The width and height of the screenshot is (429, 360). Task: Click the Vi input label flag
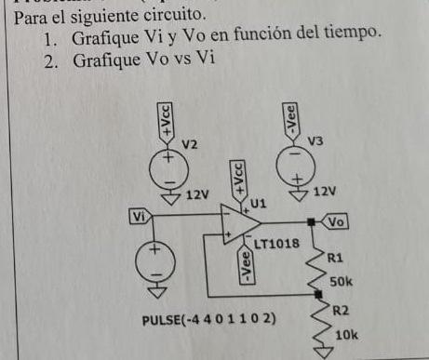click(140, 217)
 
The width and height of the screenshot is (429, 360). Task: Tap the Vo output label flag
click(336, 222)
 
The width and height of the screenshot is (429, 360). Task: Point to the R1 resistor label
click(335, 260)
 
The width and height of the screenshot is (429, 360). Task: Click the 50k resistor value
click(342, 280)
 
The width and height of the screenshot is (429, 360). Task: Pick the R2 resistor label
click(341, 313)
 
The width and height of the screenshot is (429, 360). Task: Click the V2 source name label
click(190, 145)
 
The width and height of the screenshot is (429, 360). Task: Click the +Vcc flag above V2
click(166, 123)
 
